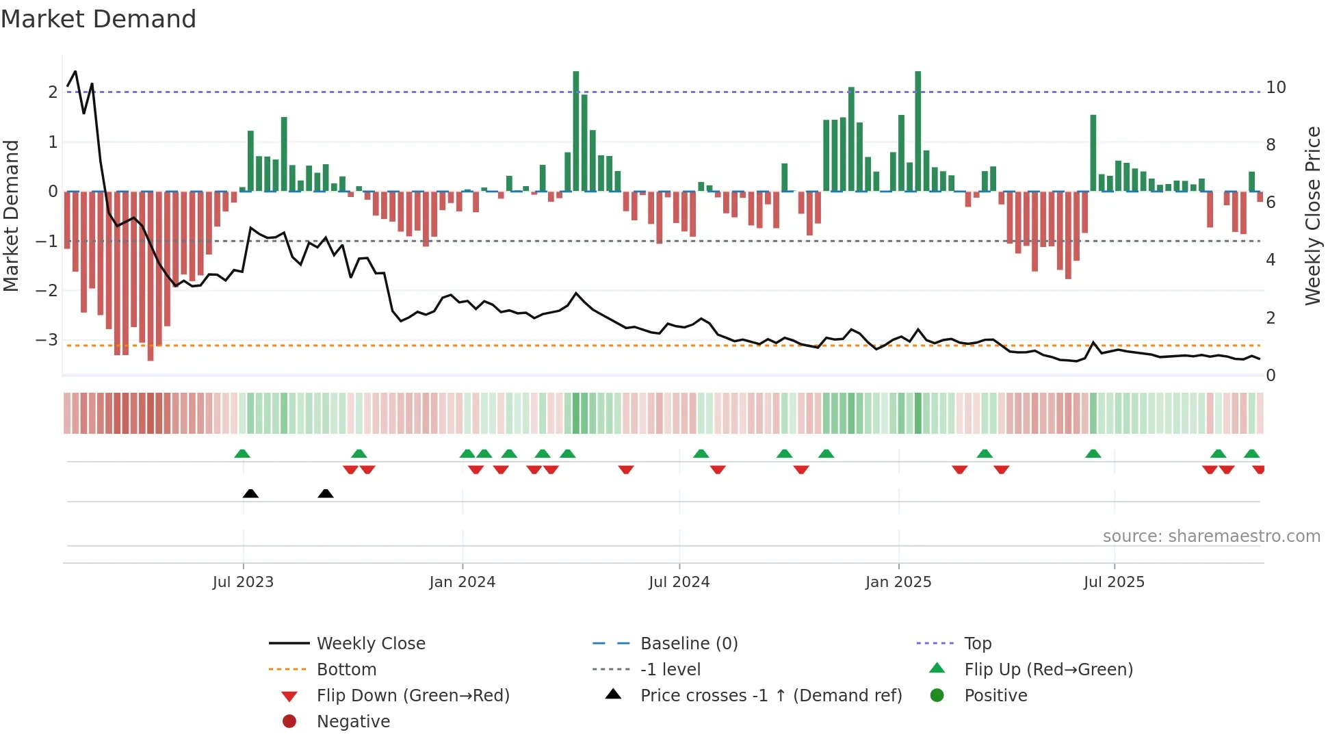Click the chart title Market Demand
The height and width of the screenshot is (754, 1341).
[99, 19]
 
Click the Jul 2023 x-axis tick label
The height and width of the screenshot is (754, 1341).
[243, 582]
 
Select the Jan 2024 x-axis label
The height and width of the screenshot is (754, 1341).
[462, 582]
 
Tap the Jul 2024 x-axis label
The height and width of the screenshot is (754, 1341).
[679, 582]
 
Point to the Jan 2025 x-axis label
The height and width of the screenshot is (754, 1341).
[898, 582]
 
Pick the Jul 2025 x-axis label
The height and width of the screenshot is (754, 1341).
[1114, 582]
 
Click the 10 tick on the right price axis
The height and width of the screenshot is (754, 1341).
[1275, 88]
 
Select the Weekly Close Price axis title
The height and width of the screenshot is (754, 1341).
[1312, 216]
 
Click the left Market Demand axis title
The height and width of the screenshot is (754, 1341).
[12, 216]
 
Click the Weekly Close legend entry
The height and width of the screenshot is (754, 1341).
[370, 644]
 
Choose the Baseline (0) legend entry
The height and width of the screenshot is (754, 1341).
[688, 644]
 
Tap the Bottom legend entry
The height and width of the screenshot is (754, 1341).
[346, 670]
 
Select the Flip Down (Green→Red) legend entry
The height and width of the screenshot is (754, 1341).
[413, 696]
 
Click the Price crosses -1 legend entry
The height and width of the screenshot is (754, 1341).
[770, 696]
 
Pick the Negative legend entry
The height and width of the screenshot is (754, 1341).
[353, 722]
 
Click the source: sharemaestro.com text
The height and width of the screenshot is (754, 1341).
[1211, 536]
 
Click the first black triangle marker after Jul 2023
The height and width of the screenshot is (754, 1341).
[250, 493]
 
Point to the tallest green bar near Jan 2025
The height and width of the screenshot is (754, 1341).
[917, 130]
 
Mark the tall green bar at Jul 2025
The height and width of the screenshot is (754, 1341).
[1093, 153]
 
